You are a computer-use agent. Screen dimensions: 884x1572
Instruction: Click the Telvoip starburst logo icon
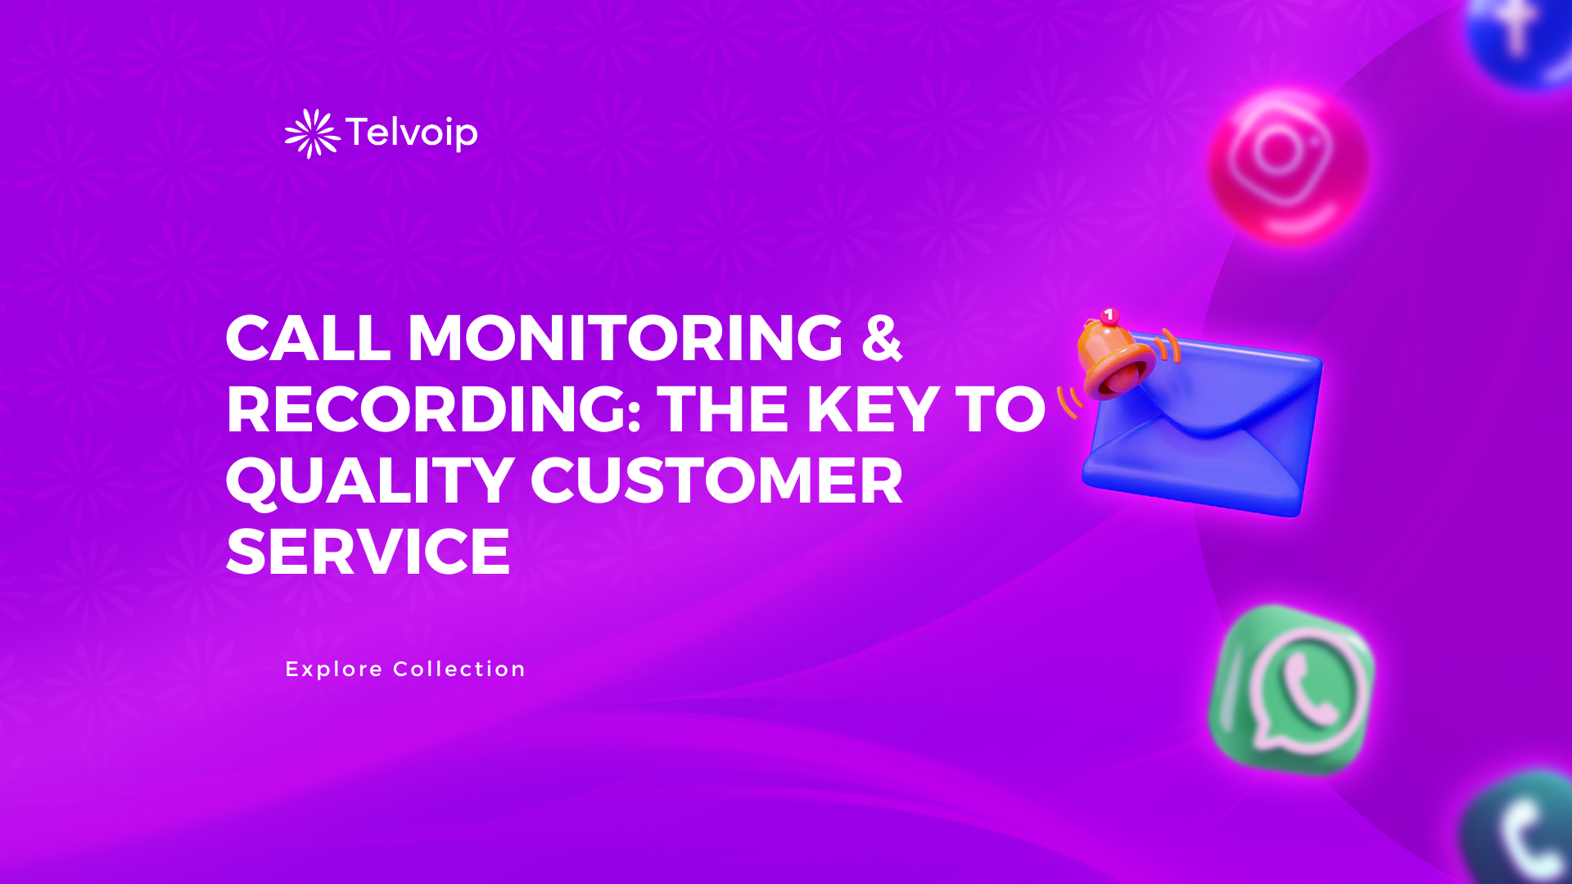[312, 133]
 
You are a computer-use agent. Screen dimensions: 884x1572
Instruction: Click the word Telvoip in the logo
[411, 133]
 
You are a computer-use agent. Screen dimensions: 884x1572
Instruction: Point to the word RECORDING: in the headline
[433, 408]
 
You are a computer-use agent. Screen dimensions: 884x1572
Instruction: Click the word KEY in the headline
[873, 408]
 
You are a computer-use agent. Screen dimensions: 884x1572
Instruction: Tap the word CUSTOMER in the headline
[717, 480]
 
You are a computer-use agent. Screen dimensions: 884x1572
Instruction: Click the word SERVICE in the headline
[368, 552]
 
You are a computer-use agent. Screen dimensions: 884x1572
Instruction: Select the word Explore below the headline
[334, 670]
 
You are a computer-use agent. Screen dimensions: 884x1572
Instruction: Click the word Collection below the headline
[459, 670]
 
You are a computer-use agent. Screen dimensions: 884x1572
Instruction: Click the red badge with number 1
[1109, 315]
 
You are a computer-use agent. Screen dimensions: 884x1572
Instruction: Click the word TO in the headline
[1001, 408]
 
